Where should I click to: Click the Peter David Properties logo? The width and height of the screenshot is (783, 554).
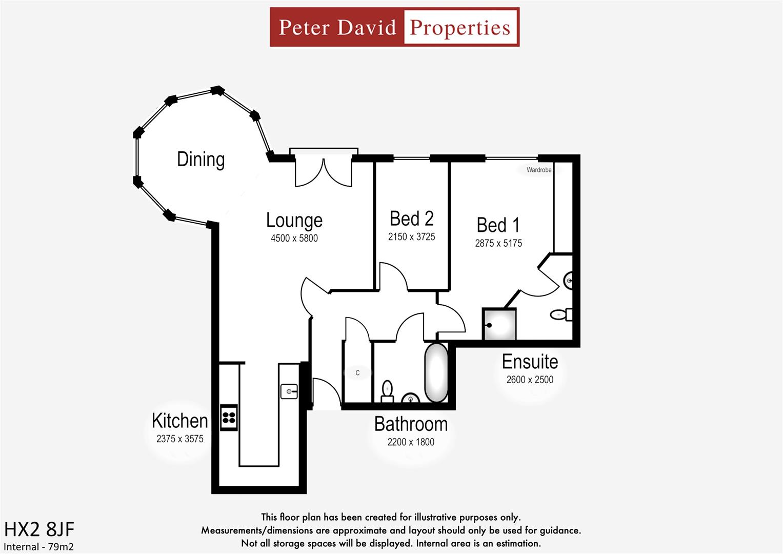(x=394, y=27)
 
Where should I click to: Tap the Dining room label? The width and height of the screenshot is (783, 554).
(x=200, y=160)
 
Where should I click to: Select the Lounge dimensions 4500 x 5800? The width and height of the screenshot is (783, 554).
(x=294, y=238)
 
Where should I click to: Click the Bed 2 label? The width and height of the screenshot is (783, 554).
(x=411, y=219)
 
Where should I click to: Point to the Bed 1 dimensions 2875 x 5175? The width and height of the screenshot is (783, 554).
(x=498, y=243)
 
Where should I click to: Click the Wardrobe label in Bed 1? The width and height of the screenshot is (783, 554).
(x=538, y=170)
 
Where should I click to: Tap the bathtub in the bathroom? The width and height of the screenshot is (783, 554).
(x=436, y=373)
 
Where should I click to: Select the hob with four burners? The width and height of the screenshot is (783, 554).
(x=229, y=417)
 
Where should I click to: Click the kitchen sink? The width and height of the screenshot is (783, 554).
(x=289, y=391)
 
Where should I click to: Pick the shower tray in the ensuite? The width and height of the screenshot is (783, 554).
(x=499, y=324)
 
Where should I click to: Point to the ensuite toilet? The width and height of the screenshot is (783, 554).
(x=560, y=314)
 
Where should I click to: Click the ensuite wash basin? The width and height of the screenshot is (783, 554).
(x=569, y=281)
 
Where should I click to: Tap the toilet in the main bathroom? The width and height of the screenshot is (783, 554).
(x=387, y=391)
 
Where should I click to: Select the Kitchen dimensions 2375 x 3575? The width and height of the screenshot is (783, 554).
(x=179, y=439)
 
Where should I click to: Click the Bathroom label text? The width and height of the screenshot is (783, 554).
(x=411, y=424)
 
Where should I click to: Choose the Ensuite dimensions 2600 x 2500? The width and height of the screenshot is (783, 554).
(x=530, y=380)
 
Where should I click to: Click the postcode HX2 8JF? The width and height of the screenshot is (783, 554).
(x=39, y=529)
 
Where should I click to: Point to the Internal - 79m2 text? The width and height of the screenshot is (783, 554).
(x=38, y=547)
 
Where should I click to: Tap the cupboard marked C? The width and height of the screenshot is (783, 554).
(x=357, y=373)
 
